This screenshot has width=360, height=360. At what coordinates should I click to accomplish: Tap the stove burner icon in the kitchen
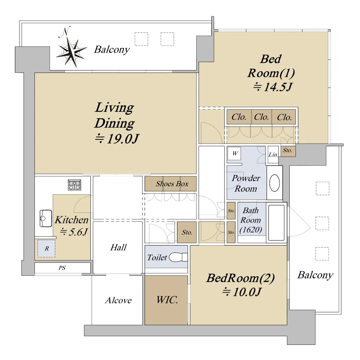coord(74,185)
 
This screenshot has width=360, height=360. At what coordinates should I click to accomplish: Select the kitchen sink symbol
coord(46,218)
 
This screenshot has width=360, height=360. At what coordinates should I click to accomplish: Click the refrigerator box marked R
coord(46,249)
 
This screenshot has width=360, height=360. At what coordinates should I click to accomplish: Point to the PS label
coord(62,268)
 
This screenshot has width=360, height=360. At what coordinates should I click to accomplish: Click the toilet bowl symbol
coord(178,257)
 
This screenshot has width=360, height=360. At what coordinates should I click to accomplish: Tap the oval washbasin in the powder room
coord(274,183)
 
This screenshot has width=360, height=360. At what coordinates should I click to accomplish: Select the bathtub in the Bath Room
coord(276,223)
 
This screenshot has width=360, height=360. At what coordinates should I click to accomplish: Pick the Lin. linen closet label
coord(273,155)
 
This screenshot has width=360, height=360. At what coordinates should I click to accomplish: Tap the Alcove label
coord(118,300)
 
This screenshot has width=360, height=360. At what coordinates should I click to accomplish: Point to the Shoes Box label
coord(172,184)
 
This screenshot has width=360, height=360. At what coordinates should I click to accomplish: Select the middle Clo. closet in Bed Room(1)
coord(262,117)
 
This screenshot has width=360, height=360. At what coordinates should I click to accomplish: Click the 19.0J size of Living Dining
coord(123,139)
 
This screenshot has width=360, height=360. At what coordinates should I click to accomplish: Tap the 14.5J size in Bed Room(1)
coord(278,87)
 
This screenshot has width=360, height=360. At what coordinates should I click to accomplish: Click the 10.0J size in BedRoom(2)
coord(247,292)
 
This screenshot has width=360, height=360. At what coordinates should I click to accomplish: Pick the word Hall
coord(118,247)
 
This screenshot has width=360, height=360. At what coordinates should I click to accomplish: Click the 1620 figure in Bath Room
coord(251,229)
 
